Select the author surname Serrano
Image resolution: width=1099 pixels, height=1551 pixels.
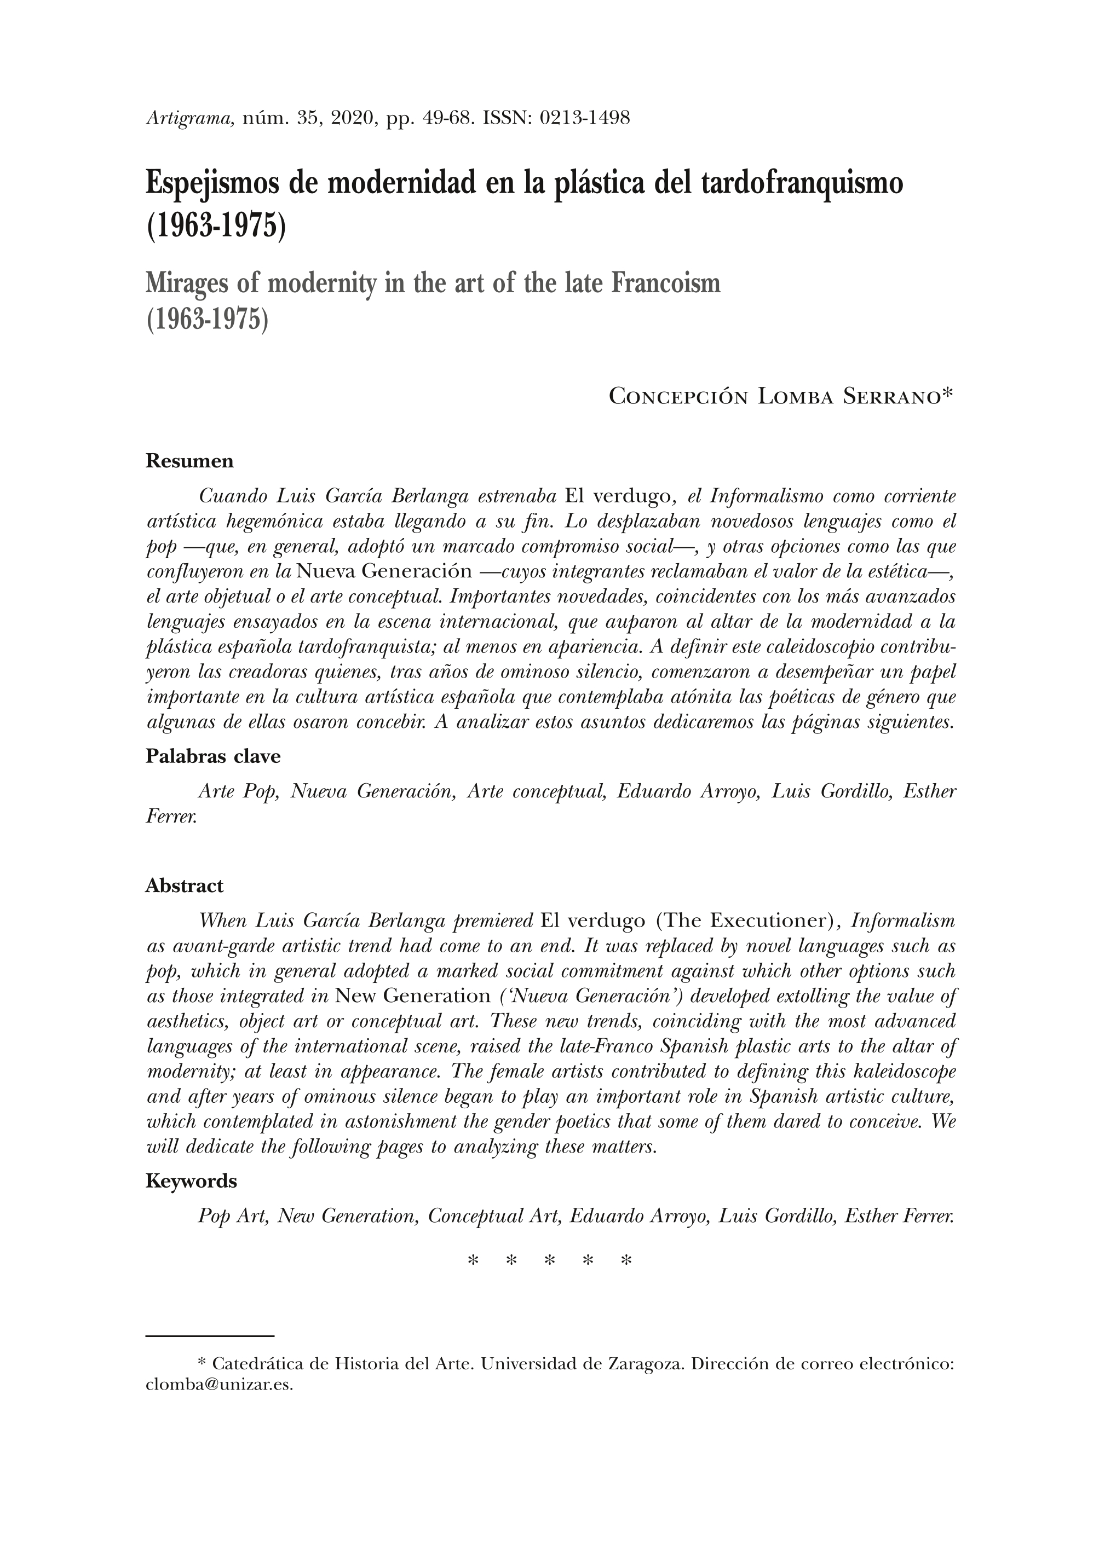click(x=892, y=396)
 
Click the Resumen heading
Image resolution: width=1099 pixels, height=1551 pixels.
click(x=189, y=461)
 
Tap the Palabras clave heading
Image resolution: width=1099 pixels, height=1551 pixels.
click(x=212, y=756)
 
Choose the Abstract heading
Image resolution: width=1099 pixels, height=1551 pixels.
click(x=184, y=886)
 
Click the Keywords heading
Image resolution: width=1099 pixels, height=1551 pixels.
click(x=191, y=1181)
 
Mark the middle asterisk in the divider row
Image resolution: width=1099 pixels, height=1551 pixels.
click(x=550, y=1261)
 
